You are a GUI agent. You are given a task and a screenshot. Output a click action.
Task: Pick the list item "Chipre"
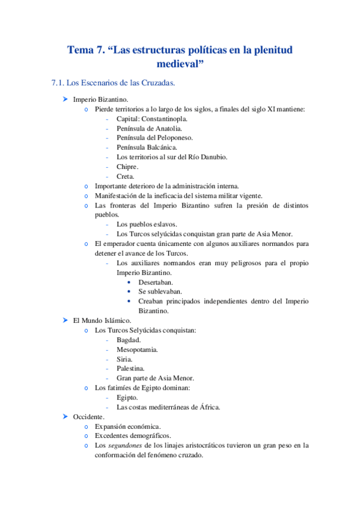pyautogui.click(x=127, y=167)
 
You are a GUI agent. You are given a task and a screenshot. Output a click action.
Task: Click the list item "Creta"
pyautogui.click(x=126, y=176)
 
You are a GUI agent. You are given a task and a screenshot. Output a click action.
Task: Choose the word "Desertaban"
pyautogui.click(x=156, y=282)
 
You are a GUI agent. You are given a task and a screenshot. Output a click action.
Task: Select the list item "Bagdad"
pyautogui.click(x=129, y=340)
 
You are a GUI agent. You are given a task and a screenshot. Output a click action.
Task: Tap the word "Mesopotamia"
pyautogui.click(x=138, y=349)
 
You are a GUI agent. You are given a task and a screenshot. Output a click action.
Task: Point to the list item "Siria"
pyautogui.click(x=125, y=359)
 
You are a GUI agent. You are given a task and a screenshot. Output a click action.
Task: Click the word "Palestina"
pyautogui.click(x=130, y=369)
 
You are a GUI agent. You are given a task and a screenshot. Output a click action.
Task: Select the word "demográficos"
pyautogui.click(x=152, y=436)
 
